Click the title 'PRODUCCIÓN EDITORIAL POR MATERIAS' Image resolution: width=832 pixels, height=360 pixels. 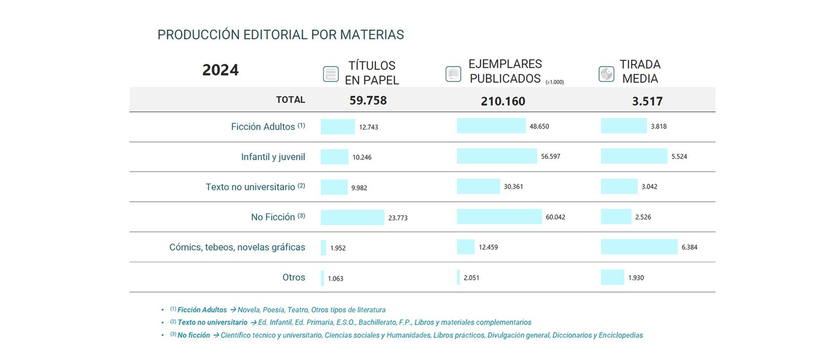coord(280,35)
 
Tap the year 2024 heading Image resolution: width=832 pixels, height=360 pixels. coord(220,70)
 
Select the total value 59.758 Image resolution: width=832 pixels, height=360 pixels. coord(368,100)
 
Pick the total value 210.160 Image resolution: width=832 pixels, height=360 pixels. coord(503,101)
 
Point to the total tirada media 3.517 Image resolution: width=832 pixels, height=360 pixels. coord(647,101)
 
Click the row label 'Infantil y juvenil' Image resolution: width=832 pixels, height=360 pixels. coord(273,157)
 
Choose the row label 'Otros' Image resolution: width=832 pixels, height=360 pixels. coord(294,277)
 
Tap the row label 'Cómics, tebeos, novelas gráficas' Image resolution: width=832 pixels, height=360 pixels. coord(237,247)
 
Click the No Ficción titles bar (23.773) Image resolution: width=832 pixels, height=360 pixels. coord(352,217)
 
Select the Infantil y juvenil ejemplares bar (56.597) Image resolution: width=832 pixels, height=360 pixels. coord(497,156)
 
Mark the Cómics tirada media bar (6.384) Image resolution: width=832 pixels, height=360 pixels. coord(639,247)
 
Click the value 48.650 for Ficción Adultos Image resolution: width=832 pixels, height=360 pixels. coord(539,126)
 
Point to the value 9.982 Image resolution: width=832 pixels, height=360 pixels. coord(359,188)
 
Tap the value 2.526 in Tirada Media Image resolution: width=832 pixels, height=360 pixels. coord(643,217)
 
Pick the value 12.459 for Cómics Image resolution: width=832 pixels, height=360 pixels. coord(488,248)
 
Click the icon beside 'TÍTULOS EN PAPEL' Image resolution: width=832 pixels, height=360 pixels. coord(331,74)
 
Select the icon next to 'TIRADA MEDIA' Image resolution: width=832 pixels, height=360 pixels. coord(606,74)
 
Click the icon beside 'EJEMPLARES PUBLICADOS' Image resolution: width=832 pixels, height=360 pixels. coord(453,74)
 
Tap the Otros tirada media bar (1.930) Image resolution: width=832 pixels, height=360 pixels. coord(613,277)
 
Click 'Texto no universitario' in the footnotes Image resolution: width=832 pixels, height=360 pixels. coord(212,323)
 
